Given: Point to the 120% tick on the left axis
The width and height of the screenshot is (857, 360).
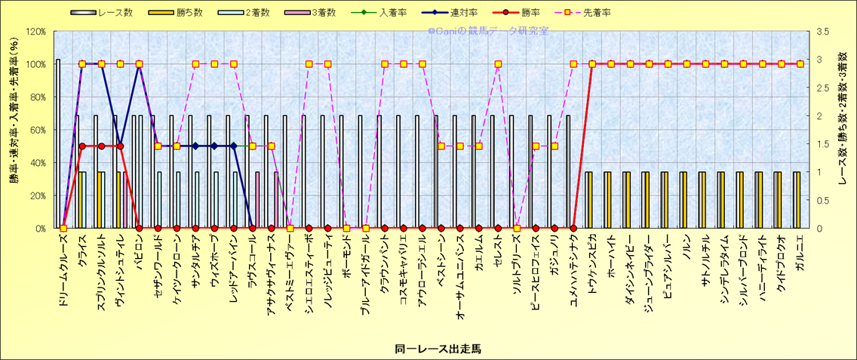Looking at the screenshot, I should click(x=35, y=32).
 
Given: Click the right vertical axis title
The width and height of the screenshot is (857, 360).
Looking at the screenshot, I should click(x=844, y=130).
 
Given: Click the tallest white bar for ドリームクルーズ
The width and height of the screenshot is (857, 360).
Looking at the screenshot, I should click(x=58, y=143).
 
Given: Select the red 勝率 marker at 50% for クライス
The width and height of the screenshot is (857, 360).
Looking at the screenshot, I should click(x=82, y=146).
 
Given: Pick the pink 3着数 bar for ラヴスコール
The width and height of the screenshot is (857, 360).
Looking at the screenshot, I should click(x=257, y=200).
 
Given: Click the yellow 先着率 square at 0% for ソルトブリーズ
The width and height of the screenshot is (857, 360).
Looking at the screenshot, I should click(x=517, y=228).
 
